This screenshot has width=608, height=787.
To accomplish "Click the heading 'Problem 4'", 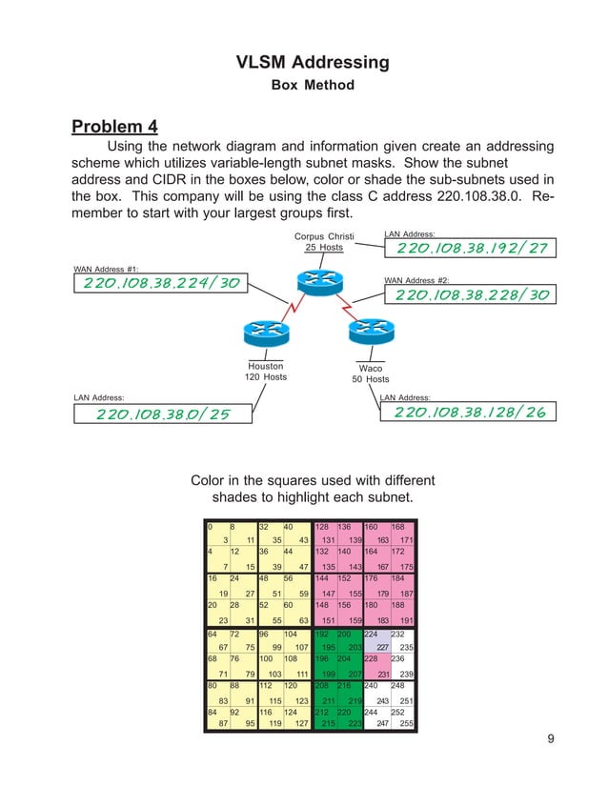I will click(x=115, y=127).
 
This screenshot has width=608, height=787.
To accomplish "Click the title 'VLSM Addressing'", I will click(x=313, y=63).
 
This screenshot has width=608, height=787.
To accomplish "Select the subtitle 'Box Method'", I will click(x=313, y=86).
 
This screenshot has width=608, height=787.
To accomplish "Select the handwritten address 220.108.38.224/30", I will click(x=162, y=283).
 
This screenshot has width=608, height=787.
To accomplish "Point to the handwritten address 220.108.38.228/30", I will click(x=472, y=295).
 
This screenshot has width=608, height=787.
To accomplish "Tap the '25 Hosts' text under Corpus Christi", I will click(x=324, y=248).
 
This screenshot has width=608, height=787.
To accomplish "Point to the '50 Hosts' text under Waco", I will click(x=371, y=380).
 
